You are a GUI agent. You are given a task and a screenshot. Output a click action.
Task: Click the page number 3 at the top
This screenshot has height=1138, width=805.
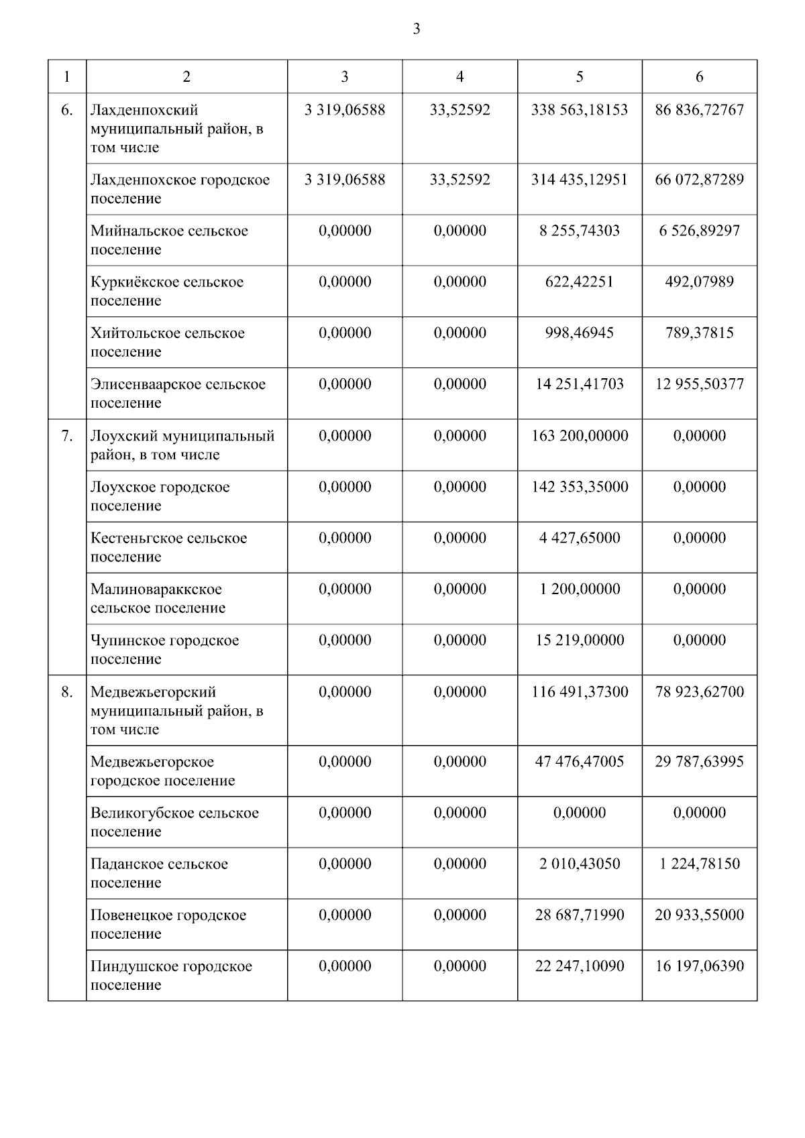417,29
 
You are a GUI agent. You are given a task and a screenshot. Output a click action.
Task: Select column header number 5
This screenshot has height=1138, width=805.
580,77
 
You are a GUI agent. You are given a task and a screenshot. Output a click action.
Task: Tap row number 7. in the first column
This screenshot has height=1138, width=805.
67,436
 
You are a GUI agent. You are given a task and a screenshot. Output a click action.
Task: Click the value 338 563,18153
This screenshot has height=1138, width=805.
580,110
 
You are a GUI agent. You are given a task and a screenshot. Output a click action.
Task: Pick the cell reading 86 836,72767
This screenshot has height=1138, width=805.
699,110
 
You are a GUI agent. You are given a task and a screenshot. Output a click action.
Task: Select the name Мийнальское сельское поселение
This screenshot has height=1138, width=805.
169,240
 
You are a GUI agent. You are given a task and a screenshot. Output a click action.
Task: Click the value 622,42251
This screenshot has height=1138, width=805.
580,282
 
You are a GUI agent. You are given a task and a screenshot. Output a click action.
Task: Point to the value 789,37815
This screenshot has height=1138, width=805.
699,333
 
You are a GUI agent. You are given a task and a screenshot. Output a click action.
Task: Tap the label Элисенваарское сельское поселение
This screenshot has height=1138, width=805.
178,394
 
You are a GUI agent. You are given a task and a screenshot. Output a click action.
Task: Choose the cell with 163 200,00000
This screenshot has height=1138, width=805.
580,436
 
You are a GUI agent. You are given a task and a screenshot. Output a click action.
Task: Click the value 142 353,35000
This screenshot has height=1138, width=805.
580,487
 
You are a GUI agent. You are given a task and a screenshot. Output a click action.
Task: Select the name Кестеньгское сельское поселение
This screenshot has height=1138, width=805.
168,547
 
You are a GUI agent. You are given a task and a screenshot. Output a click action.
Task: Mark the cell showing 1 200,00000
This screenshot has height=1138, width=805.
580,589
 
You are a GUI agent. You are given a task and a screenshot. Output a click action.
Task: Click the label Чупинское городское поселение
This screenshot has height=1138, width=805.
164,649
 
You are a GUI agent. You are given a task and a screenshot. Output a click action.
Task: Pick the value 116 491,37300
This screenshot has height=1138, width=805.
580,692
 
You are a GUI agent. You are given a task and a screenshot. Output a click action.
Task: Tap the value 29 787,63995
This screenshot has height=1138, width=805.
699,762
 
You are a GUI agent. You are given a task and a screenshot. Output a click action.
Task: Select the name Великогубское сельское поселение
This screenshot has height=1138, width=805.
174,822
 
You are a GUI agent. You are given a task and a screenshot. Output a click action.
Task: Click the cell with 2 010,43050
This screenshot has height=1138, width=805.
580,864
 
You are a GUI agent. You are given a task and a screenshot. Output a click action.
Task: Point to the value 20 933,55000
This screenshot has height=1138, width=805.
699,915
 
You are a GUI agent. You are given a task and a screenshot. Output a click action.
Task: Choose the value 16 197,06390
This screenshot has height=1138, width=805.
699,966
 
